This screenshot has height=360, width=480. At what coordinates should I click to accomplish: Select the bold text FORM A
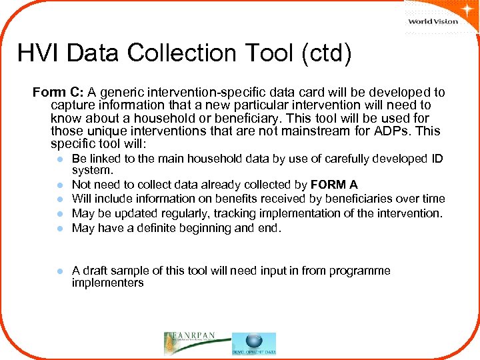tap(334, 185)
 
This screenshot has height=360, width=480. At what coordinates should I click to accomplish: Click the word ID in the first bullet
tap(435, 159)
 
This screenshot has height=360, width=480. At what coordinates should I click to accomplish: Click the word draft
tap(97, 271)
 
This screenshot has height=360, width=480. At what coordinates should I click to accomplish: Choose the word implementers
tap(107, 283)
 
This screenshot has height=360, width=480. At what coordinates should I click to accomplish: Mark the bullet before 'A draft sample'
tap(59, 271)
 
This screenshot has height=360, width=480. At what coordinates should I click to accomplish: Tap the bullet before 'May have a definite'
tap(59, 229)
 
